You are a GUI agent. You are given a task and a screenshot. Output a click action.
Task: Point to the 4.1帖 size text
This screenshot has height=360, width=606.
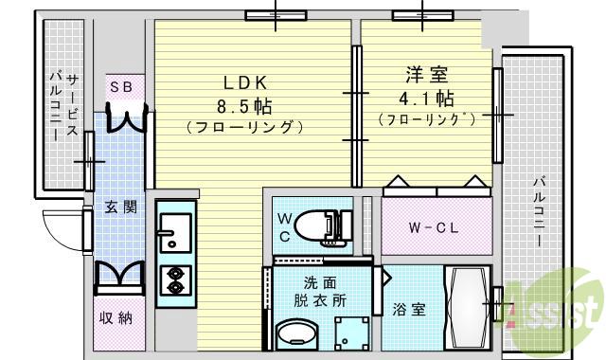(423, 98)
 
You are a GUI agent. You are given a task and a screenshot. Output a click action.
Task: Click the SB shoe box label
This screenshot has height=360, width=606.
(120, 86)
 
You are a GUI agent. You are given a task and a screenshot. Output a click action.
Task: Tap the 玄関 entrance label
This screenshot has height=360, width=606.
(120, 207)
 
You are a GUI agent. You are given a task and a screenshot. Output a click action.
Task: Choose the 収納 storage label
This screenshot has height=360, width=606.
(116, 317)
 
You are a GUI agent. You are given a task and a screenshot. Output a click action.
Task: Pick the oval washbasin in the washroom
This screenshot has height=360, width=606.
(298, 336)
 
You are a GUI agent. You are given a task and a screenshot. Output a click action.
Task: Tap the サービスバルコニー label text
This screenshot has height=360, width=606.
(65, 104)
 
